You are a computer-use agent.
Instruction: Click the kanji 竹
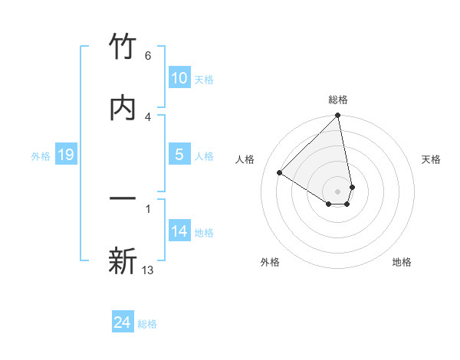click(123, 48)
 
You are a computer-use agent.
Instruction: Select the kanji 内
click(123, 107)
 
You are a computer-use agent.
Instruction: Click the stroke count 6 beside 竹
click(147, 56)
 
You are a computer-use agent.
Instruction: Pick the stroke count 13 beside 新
click(148, 270)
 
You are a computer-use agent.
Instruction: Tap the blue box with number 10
click(179, 78)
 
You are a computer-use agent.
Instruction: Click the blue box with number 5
click(179, 155)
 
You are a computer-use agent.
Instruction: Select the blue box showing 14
click(179, 231)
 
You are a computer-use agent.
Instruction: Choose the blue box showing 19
click(66, 155)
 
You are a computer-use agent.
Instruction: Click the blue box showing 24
click(123, 323)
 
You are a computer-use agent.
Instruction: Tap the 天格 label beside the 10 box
click(204, 80)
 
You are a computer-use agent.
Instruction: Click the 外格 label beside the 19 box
click(41, 155)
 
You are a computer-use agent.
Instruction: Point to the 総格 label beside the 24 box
click(147, 324)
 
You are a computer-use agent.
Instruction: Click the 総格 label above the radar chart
click(338, 100)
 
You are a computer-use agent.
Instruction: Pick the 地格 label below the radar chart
click(402, 262)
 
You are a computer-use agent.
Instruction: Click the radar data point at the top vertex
click(337, 116)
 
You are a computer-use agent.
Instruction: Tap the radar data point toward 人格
click(280, 173)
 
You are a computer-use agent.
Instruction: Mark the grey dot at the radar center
click(337, 191)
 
